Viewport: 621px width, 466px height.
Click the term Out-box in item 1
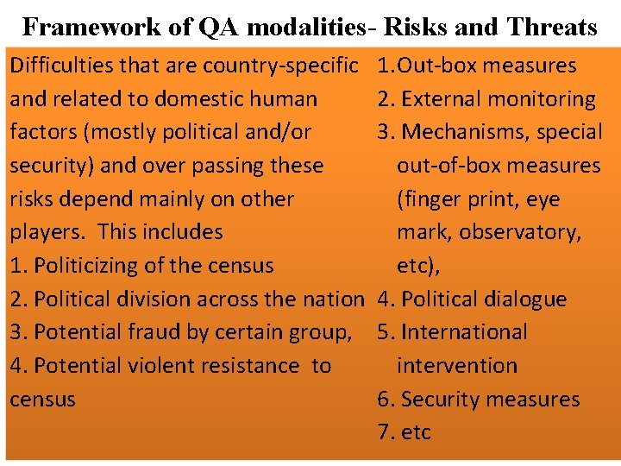pyautogui.click(x=435, y=65)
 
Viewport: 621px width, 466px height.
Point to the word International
pyautogui.click(x=464, y=332)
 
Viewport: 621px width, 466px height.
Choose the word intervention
pyautogui.click(x=457, y=366)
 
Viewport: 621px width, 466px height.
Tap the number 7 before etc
pyautogui.click(x=383, y=432)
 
